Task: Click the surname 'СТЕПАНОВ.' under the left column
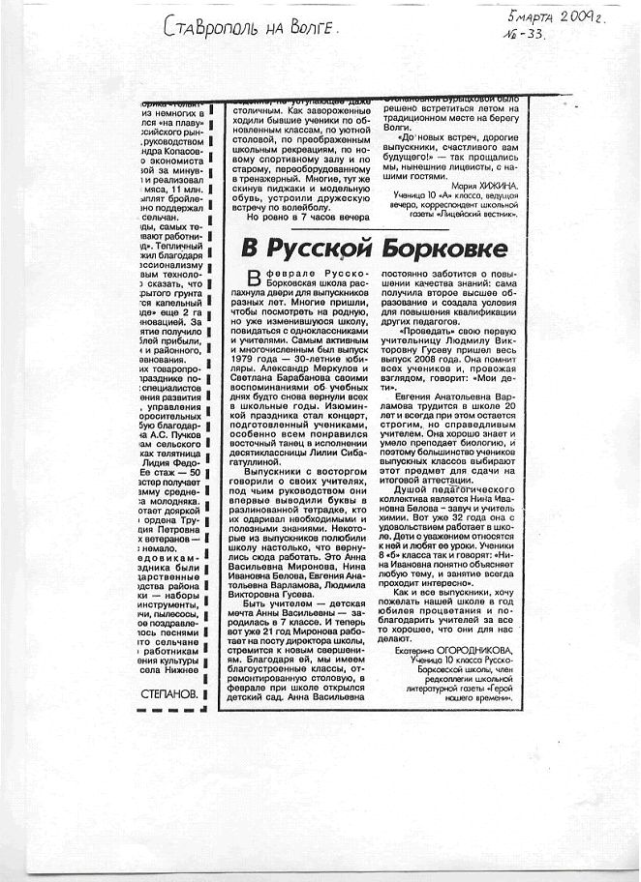(x=168, y=693)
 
